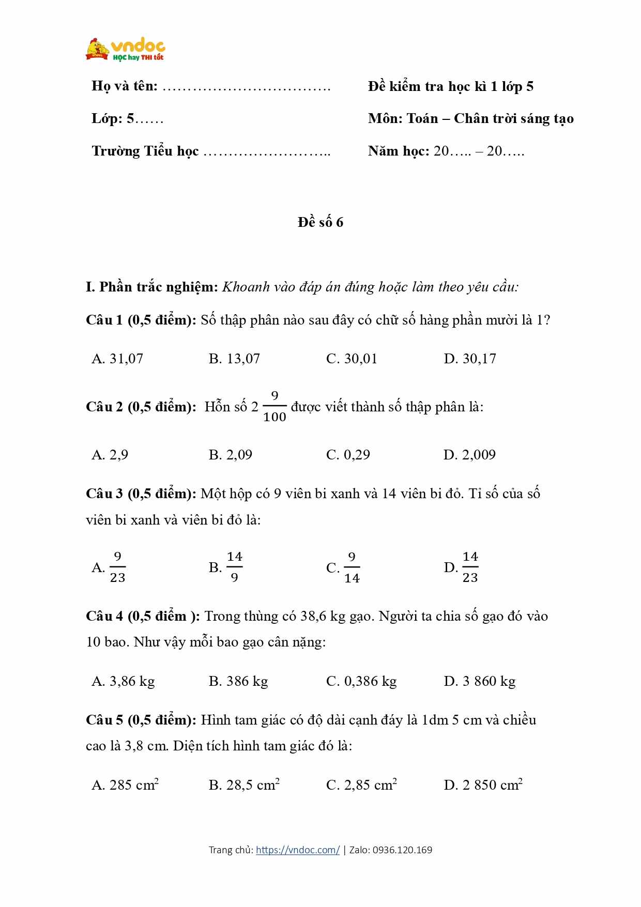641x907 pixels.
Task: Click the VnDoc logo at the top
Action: [x=126, y=50]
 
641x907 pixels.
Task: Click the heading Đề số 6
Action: [x=320, y=222]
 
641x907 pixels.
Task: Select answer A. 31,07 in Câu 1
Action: [x=117, y=359]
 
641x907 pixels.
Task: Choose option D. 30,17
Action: [x=469, y=359]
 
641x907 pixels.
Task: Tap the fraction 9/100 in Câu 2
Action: [x=274, y=407]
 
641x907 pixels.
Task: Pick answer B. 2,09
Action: [x=231, y=455]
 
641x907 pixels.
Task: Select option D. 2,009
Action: [x=469, y=455]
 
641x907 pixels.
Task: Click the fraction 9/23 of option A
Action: [x=117, y=567]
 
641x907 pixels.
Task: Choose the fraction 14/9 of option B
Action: [x=234, y=567]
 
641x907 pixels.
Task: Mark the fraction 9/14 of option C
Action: [x=352, y=567]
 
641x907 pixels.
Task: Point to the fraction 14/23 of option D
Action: [x=470, y=567]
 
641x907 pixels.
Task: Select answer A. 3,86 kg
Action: [x=123, y=681]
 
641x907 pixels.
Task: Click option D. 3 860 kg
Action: [x=479, y=681]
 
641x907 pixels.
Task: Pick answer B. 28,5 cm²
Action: [x=244, y=785]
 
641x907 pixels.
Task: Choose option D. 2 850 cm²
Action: [x=483, y=785]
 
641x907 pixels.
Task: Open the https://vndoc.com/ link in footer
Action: [x=298, y=850]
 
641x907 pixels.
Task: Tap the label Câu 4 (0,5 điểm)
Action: [x=143, y=616]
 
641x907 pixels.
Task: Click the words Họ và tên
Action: [x=125, y=86]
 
